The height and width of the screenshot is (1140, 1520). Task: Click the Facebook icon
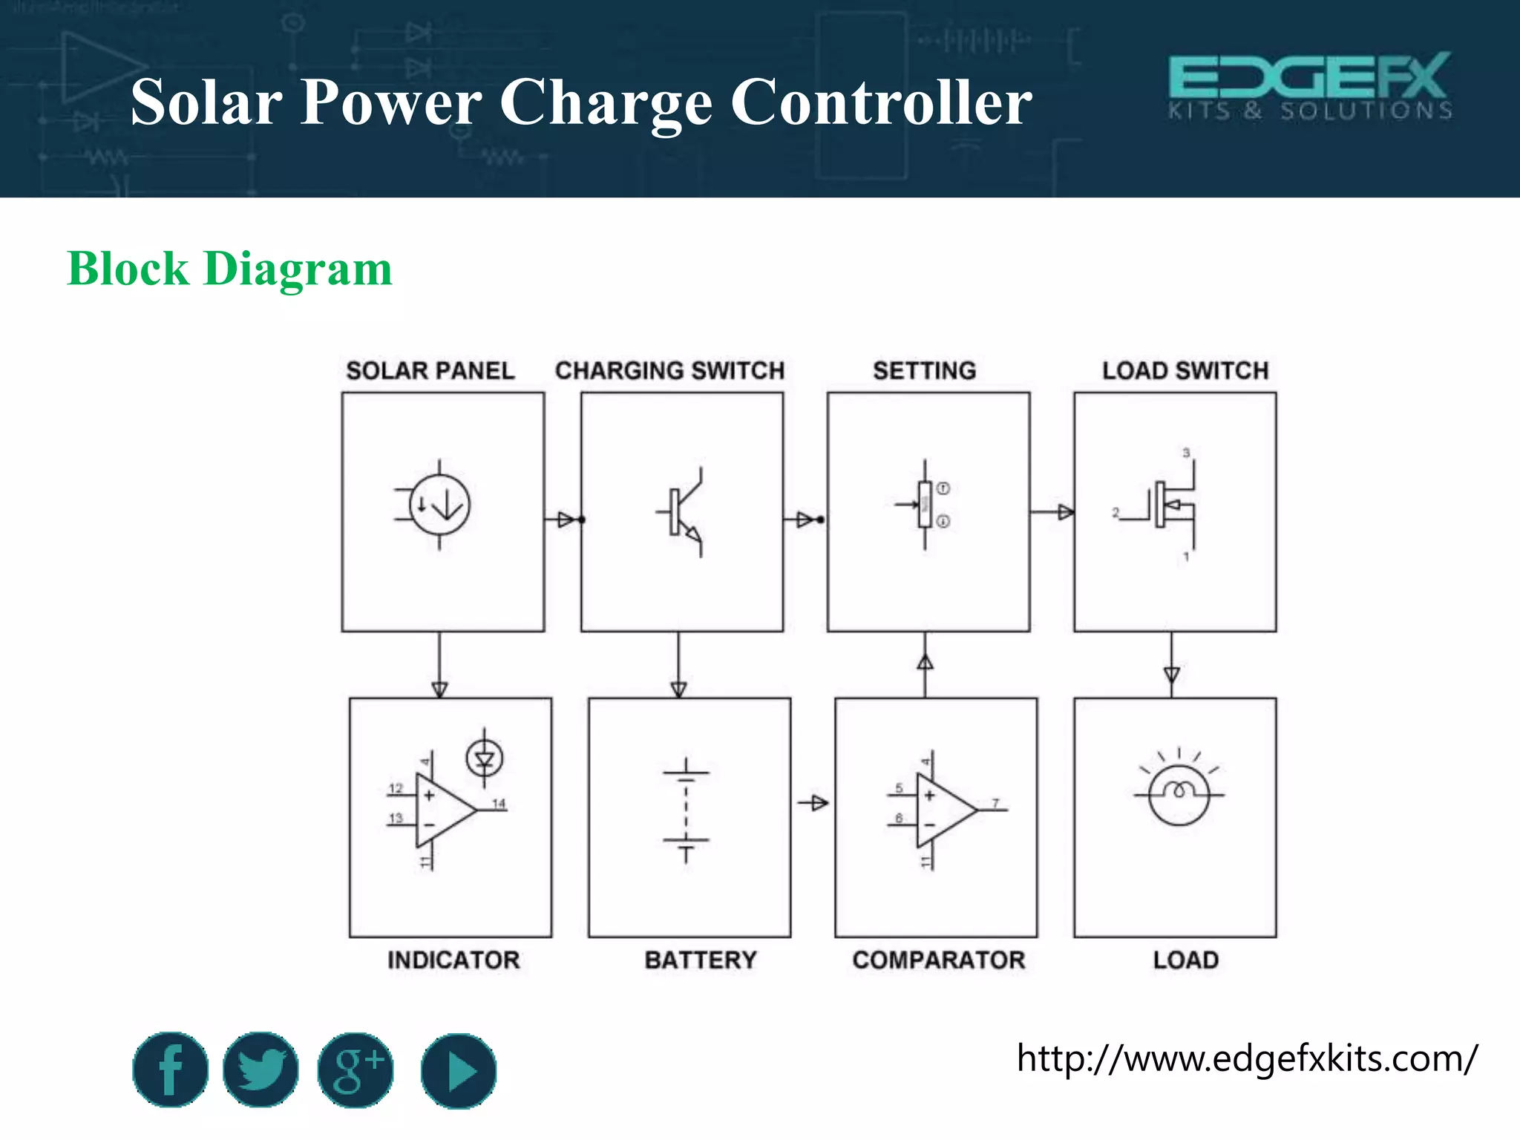(x=170, y=1069)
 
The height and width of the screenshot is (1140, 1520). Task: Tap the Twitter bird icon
(x=261, y=1069)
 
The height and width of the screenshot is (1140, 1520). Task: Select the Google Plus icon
(x=356, y=1069)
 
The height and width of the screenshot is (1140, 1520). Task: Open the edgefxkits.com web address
(x=1247, y=1058)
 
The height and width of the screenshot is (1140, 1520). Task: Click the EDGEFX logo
(x=1310, y=86)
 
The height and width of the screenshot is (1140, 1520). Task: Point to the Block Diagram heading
(x=229, y=269)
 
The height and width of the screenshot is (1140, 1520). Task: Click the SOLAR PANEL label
(x=430, y=370)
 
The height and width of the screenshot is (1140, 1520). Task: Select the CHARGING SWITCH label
(x=669, y=370)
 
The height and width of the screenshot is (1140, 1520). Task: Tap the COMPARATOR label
(x=938, y=960)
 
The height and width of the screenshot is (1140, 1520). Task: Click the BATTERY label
(x=700, y=960)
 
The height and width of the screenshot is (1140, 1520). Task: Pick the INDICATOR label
(x=453, y=960)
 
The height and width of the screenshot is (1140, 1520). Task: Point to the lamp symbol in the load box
(x=1179, y=793)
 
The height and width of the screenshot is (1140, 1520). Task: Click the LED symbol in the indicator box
(x=485, y=759)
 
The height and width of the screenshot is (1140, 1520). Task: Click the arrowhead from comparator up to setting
(x=925, y=662)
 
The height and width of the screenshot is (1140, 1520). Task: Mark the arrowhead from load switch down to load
(x=1172, y=675)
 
